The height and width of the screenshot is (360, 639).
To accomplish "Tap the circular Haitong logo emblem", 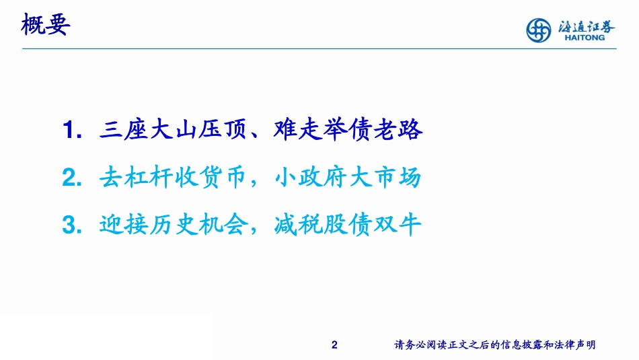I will tap(538, 29).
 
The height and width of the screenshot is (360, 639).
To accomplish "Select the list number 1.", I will tap(70, 130).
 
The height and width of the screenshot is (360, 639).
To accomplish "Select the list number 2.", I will tap(70, 178).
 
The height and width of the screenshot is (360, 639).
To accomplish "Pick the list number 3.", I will tap(70, 225).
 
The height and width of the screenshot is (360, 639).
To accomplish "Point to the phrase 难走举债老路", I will tap(349, 129).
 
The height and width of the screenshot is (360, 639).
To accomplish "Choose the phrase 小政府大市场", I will tap(349, 177).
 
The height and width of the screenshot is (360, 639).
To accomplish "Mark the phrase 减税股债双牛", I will tap(349, 225).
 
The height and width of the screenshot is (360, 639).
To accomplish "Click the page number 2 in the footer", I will tap(335, 345).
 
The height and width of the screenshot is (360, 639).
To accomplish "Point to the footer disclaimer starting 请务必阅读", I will tap(494, 345).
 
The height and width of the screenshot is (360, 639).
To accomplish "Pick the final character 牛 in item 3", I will tap(410, 225).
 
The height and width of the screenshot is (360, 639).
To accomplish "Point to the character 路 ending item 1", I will tap(410, 129).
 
